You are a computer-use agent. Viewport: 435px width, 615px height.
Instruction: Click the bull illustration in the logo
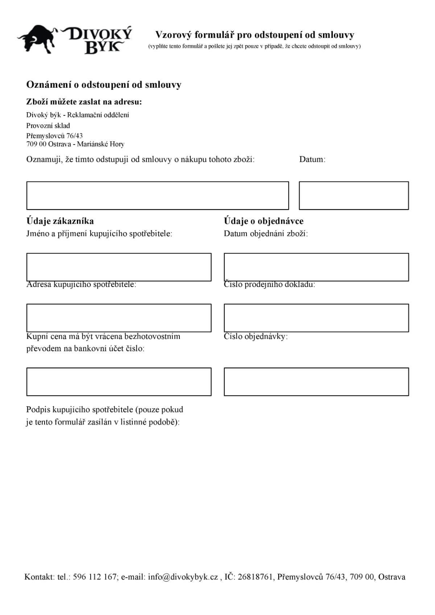pos(38,39)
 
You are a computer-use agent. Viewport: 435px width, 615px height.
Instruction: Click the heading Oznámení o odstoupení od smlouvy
pos(104,85)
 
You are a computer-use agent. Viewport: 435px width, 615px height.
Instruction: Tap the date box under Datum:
pos(353,196)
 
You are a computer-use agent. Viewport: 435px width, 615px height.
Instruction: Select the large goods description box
pos(157,196)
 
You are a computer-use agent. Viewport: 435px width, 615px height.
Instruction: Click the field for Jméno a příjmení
pos(119,267)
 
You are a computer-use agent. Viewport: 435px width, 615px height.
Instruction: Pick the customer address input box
pos(119,318)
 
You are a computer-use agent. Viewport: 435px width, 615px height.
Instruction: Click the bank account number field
pos(119,382)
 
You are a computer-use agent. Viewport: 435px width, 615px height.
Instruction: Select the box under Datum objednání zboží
pos(316,267)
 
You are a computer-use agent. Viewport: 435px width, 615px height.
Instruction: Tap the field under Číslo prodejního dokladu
pos(316,318)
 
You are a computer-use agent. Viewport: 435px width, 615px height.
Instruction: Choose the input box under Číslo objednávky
pos(316,382)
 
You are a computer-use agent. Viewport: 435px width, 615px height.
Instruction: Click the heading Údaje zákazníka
pos(60,221)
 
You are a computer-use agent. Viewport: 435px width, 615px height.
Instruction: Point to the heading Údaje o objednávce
pos(264,221)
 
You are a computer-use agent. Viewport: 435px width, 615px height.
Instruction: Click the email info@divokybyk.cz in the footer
pos(183,577)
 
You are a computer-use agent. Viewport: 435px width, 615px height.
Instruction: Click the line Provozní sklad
pos(48,126)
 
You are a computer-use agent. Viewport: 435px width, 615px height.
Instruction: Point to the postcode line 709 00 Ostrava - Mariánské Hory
pos(75,144)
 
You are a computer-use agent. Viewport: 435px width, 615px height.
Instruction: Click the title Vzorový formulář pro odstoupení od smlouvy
pos(254,35)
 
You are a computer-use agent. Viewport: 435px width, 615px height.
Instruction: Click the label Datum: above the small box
pos(312,159)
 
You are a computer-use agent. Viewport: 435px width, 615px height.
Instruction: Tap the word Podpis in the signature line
pos(38,410)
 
